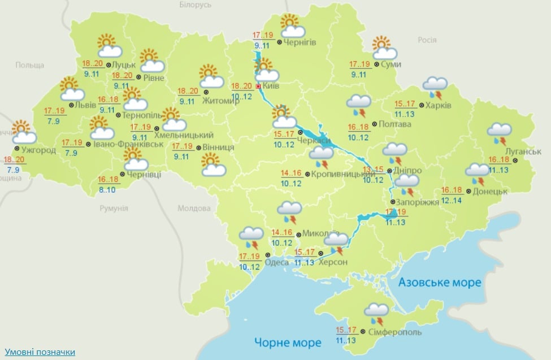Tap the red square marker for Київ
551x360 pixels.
point(259,86)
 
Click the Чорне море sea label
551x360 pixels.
point(287,342)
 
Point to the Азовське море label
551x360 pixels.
point(440,282)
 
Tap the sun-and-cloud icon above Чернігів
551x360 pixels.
point(293,26)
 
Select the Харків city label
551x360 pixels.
point(438,105)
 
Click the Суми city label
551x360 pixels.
point(391,64)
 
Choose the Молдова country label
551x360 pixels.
point(194,209)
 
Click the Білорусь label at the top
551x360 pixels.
point(195,5)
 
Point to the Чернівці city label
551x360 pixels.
point(144,174)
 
